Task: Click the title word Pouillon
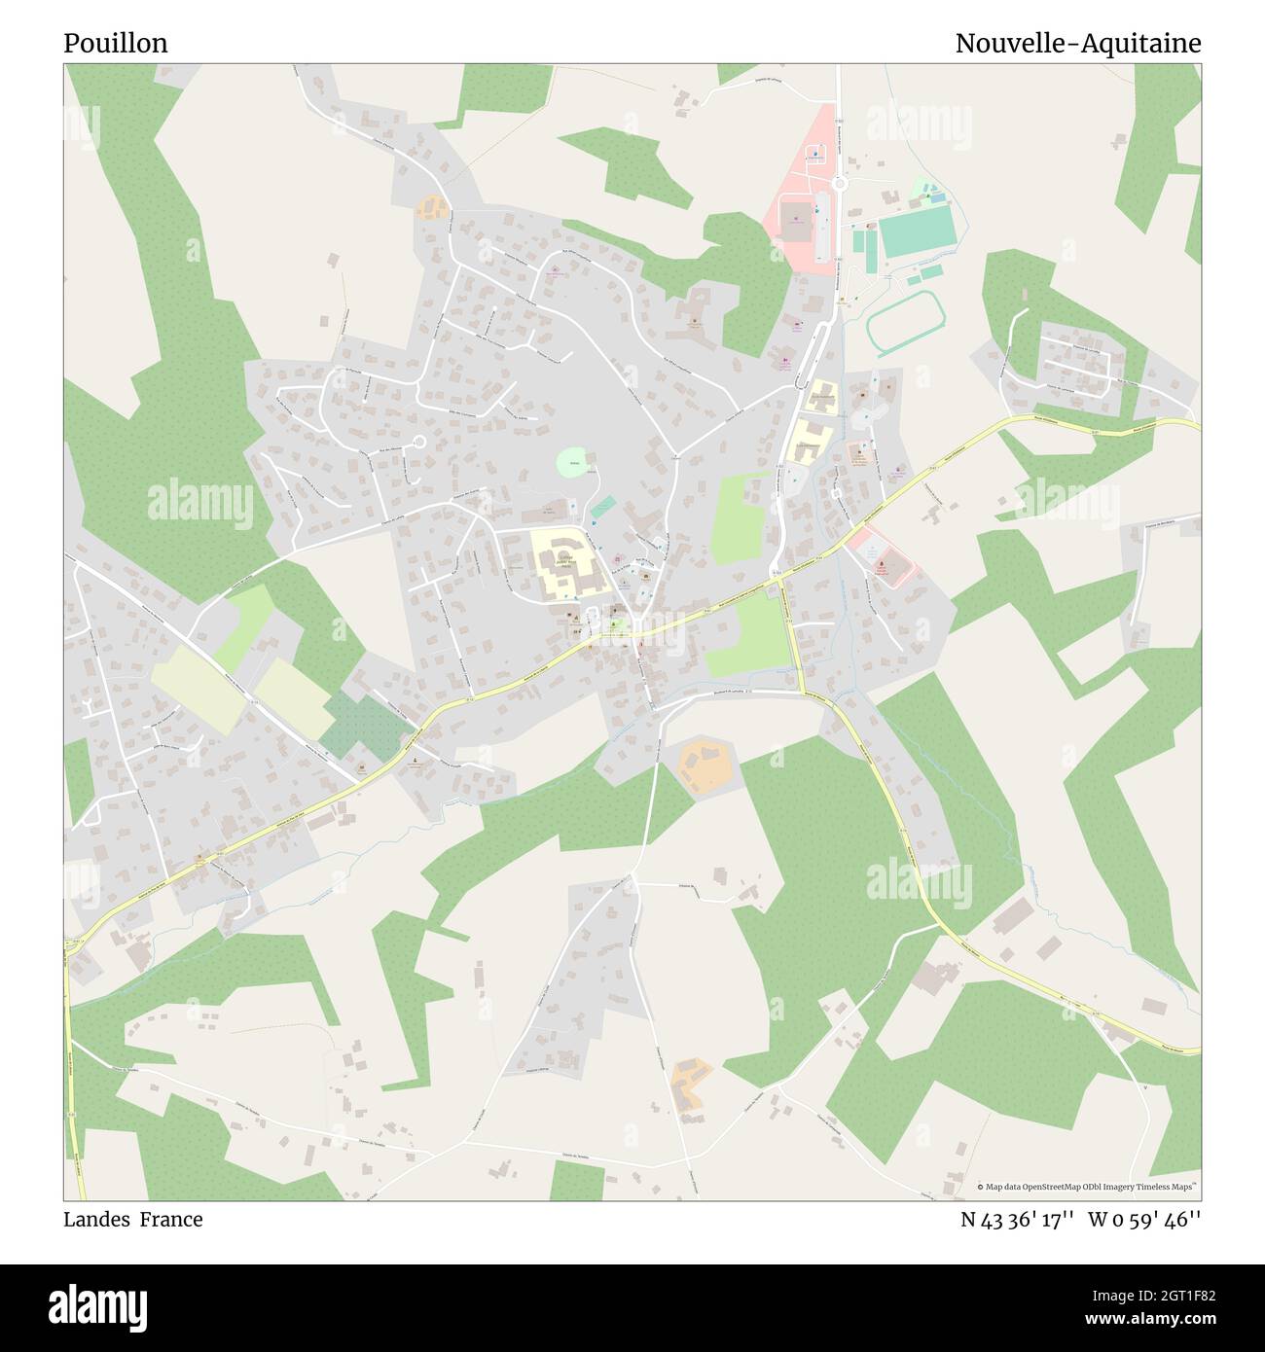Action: [116, 44]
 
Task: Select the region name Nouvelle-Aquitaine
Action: [1077, 44]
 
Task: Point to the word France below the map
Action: [171, 1220]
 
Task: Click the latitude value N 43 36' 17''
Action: [1017, 1220]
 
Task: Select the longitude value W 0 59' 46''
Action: [1145, 1220]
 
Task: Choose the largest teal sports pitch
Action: [916, 231]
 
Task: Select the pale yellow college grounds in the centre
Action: [564, 562]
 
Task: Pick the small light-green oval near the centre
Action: [574, 463]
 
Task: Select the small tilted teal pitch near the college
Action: [602, 507]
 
